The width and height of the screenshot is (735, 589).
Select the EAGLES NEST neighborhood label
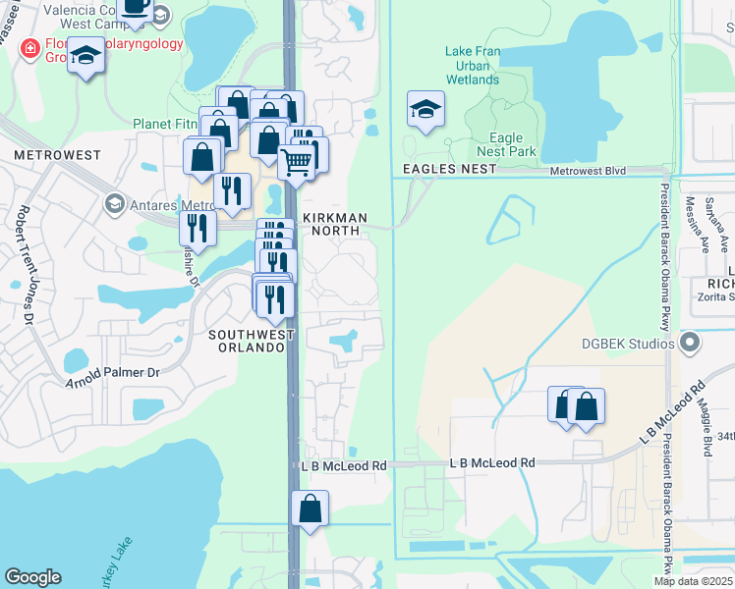441,170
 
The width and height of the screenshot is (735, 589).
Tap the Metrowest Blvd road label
589,171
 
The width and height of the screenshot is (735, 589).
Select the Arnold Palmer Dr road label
111,373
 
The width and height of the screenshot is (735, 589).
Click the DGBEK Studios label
627,344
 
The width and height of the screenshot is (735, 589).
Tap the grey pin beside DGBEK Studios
690,344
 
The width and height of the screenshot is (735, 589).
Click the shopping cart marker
297,161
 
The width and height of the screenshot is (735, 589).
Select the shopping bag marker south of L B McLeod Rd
310,509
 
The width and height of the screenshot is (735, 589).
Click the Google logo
32,577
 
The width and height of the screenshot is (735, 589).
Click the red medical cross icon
30,47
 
